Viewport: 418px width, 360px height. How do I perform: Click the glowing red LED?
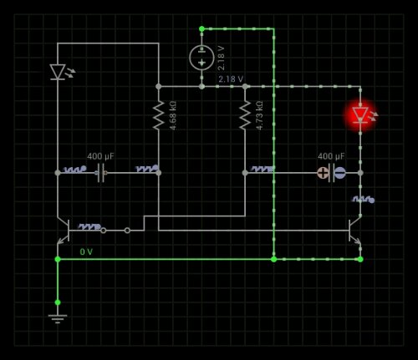pyautogui.click(x=360, y=115)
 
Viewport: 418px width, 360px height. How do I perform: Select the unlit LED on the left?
pyautogui.click(x=58, y=72)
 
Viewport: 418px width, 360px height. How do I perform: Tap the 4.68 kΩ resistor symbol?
pyautogui.click(x=159, y=115)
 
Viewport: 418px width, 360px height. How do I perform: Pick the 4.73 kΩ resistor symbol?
pyautogui.click(x=245, y=115)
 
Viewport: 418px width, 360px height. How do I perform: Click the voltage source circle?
pyautogui.click(x=201, y=58)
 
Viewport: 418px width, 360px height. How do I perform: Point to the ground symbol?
pyautogui.click(x=58, y=319)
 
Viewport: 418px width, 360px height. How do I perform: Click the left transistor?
pyautogui.click(x=64, y=231)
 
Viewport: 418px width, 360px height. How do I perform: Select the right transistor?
pyautogui.click(x=354, y=231)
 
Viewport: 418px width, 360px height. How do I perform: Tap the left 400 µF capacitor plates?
pyautogui.click(x=101, y=173)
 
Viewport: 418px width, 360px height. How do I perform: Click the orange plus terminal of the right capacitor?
pyautogui.click(x=323, y=173)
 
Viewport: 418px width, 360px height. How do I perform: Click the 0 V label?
pyautogui.click(x=86, y=251)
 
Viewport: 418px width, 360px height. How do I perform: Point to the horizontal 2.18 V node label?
pyautogui.click(x=231, y=79)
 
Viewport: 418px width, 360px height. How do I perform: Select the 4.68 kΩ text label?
pyautogui.click(x=173, y=115)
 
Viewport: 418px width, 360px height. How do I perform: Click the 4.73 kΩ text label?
pyautogui.click(x=259, y=115)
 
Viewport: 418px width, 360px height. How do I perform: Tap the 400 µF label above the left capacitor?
pyautogui.click(x=100, y=156)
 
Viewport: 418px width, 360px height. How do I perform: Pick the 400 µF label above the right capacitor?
pyautogui.click(x=331, y=156)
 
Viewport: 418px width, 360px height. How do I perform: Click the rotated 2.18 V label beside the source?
pyautogui.click(x=221, y=58)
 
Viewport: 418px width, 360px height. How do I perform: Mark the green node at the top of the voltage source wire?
pyautogui.click(x=201, y=28)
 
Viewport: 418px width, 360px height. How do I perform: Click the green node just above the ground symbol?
pyautogui.click(x=58, y=302)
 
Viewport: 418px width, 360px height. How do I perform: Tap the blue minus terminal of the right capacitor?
pyautogui.click(x=339, y=173)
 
